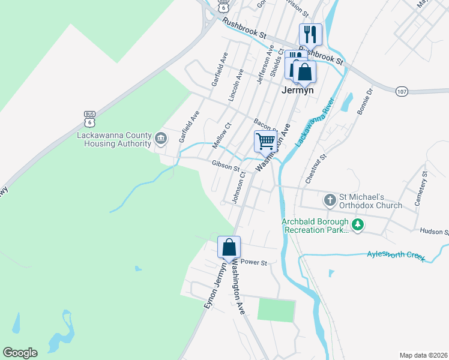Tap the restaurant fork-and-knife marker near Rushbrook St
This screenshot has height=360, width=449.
point(310,34)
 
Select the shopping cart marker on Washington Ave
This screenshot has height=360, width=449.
point(265,142)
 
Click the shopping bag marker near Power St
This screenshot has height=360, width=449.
point(229,247)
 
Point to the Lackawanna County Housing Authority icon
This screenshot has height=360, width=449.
point(161,139)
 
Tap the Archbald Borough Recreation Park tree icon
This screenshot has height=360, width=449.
point(358,225)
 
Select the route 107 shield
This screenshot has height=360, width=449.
point(402,91)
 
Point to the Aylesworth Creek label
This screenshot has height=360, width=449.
point(396,256)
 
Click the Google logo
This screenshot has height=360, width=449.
point(20,353)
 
